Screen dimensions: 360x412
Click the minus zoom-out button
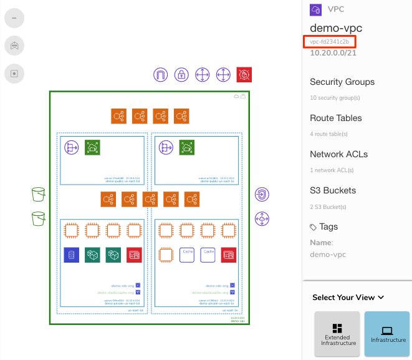pos(14,18)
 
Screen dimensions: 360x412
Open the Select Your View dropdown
pos(348,298)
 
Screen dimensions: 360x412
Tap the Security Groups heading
pos(342,82)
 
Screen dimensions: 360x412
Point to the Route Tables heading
pos(335,118)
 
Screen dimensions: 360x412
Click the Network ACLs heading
pos(338,154)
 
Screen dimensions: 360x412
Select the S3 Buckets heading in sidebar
pos(333,190)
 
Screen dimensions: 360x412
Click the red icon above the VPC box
pos(244,75)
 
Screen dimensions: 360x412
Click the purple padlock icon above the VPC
pos(181,75)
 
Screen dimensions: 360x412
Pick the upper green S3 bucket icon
pos(39,195)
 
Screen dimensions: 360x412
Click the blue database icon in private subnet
pos(71,255)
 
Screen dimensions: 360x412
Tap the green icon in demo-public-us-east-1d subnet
pos(92,147)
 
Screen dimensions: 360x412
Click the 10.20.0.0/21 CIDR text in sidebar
pos(333,54)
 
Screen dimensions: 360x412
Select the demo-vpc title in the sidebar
pos(336,28)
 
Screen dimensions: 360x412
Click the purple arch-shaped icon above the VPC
pos(161,75)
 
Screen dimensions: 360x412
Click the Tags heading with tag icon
pos(324,227)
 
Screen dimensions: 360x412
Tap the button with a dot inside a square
pos(14,73)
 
